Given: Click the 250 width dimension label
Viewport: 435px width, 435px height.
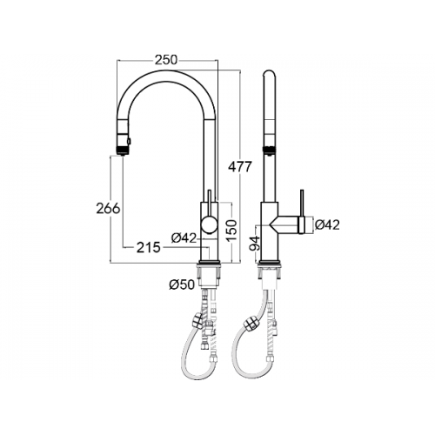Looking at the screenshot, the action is [165, 60].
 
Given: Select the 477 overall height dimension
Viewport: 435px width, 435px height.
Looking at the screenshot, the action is [239, 167].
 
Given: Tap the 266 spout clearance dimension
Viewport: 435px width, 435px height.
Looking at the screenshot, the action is [108, 209].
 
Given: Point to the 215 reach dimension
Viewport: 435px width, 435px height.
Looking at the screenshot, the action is [149, 247].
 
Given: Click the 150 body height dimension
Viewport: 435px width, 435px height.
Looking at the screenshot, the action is [232, 231].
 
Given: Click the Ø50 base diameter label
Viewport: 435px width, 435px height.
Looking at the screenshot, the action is [182, 284].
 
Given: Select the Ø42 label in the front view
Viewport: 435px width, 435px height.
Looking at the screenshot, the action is [184, 238].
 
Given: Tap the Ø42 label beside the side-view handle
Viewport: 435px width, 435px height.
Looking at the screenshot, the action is [327, 224].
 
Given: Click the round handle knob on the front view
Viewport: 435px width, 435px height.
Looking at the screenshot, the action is [209, 225].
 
